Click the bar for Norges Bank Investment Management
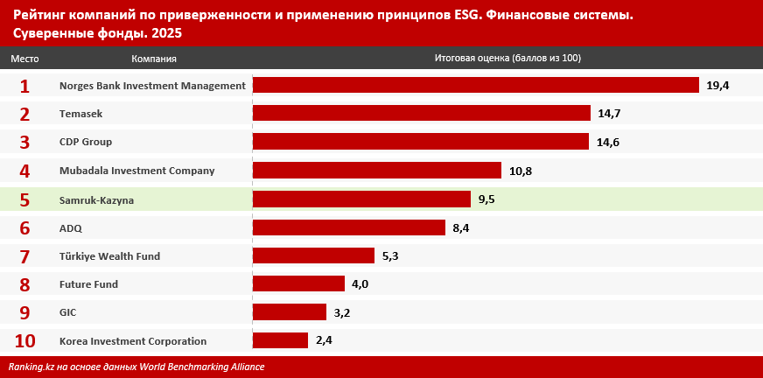475,85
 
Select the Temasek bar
421,114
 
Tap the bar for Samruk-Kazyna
361,199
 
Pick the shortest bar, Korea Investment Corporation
280,340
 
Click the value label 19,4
717,86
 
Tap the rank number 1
24,86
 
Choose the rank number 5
24,199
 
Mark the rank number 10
24,341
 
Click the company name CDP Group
86,142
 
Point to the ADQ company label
71,227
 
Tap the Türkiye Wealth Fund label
109,256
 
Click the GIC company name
68,312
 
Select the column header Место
24,59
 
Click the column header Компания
154,59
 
